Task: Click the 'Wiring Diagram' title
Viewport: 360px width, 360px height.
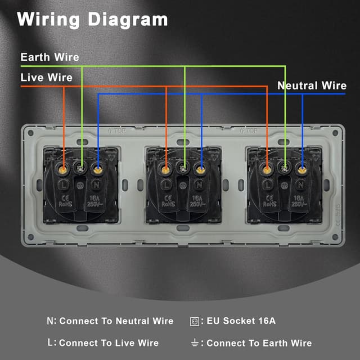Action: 93,19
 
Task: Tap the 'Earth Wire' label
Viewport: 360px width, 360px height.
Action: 49,57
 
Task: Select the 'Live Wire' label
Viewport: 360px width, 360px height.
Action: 47,77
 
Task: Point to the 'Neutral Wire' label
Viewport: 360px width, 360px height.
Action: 312,86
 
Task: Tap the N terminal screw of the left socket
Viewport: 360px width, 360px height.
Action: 98,168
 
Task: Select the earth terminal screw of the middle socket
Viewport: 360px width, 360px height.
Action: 182,166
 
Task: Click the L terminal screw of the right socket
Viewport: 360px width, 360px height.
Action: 267,168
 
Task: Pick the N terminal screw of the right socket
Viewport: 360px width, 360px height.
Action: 302,168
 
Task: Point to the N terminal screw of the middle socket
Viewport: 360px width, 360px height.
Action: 200,168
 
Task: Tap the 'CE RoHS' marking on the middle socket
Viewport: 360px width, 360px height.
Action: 167,201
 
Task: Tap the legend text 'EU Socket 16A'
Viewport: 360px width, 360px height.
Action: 241,321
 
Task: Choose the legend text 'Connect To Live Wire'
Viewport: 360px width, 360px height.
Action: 109,343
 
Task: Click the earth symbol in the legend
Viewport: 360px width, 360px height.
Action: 195,343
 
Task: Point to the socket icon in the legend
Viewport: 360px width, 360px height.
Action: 195,321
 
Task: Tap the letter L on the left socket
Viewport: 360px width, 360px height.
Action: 64,184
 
